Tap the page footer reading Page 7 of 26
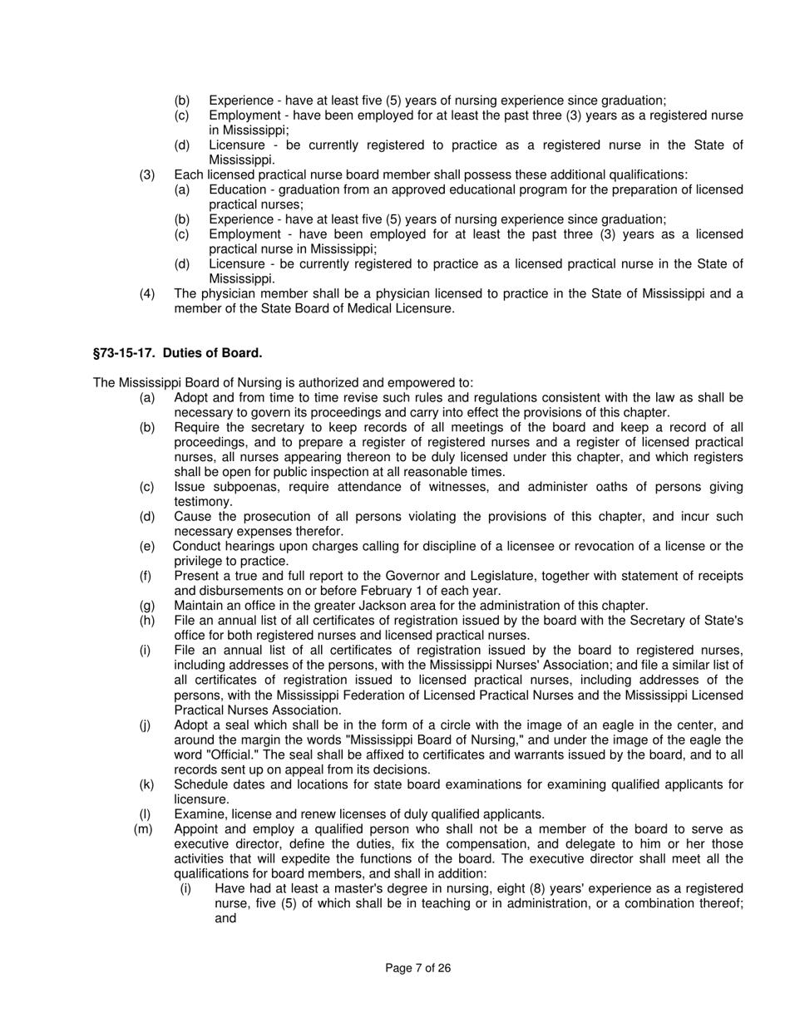coord(418,968)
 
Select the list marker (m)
coord(143,829)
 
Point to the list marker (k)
coord(146,784)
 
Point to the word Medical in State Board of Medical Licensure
coord(355,309)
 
